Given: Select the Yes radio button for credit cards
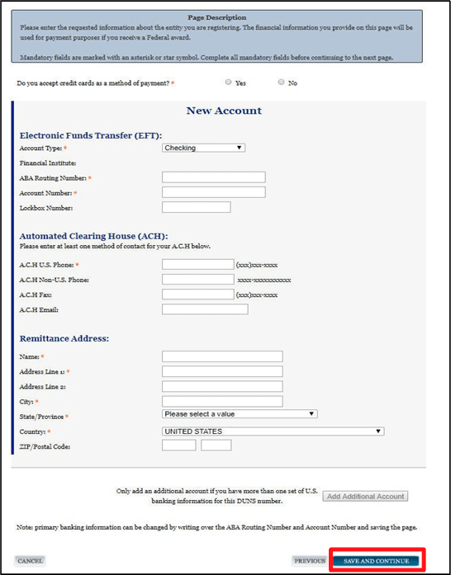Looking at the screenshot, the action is [228, 82].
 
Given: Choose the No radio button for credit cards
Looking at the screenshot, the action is [282, 82].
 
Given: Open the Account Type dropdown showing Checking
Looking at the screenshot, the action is [203, 148].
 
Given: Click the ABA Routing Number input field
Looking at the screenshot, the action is [213, 177].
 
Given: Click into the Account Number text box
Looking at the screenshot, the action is [213, 192].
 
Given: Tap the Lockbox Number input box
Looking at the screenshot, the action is [196, 207].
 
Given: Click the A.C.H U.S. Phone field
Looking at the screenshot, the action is [198, 265].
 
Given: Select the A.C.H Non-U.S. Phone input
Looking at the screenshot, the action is [198, 280].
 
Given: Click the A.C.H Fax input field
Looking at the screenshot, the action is [198, 295].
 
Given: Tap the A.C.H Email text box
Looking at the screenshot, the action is [205, 309].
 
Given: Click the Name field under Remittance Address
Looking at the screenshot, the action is [222, 356].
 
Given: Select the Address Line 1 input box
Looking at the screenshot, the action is [222, 371].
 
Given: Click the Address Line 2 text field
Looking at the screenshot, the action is [222, 386].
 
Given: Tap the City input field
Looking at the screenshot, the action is [222, 401].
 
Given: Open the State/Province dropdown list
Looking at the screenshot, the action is [240, 414].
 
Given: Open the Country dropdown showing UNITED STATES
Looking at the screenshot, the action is [273, 431].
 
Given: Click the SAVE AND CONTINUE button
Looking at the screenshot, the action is [377, 561].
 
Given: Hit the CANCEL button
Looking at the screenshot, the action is [31, 561].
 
